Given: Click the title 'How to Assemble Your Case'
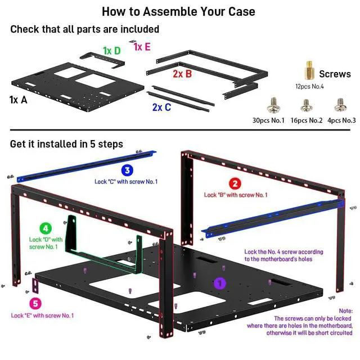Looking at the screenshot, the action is [178, 11].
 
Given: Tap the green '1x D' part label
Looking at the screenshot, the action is [111, 51].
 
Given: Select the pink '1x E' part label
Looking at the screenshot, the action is [142, 47].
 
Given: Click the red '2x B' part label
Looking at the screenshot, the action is [182, 73].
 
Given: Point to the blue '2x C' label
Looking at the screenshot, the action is [161, 107].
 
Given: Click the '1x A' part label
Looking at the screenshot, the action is [19, 100].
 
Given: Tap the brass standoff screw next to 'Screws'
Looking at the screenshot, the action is [309, 71].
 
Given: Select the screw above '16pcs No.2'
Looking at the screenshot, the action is [306, 105].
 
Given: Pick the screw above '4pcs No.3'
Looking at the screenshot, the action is [339, 105].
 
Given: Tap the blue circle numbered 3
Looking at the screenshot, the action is [127, 170].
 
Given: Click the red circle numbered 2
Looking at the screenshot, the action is [236, 183].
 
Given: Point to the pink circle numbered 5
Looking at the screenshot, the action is [36, 304].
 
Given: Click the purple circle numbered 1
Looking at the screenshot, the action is [220, 284].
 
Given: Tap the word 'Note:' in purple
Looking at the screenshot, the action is [345, 310].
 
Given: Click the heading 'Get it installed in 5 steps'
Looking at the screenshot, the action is [66, 144].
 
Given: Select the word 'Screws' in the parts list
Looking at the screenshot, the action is [335, 74].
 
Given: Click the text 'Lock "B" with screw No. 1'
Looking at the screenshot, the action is [236, 195].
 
